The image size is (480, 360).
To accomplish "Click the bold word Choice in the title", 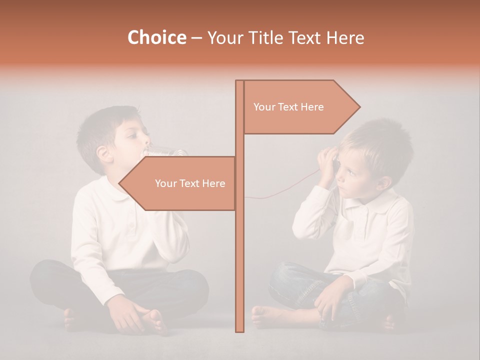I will pos(156,38).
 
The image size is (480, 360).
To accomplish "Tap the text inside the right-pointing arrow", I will pos(288,107).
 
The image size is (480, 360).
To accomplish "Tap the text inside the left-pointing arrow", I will pos(190,183).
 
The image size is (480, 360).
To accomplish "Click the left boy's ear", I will pos(104,153).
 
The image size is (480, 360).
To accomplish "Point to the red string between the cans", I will pos(280,192).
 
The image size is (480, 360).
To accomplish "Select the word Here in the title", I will pos(345,38).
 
